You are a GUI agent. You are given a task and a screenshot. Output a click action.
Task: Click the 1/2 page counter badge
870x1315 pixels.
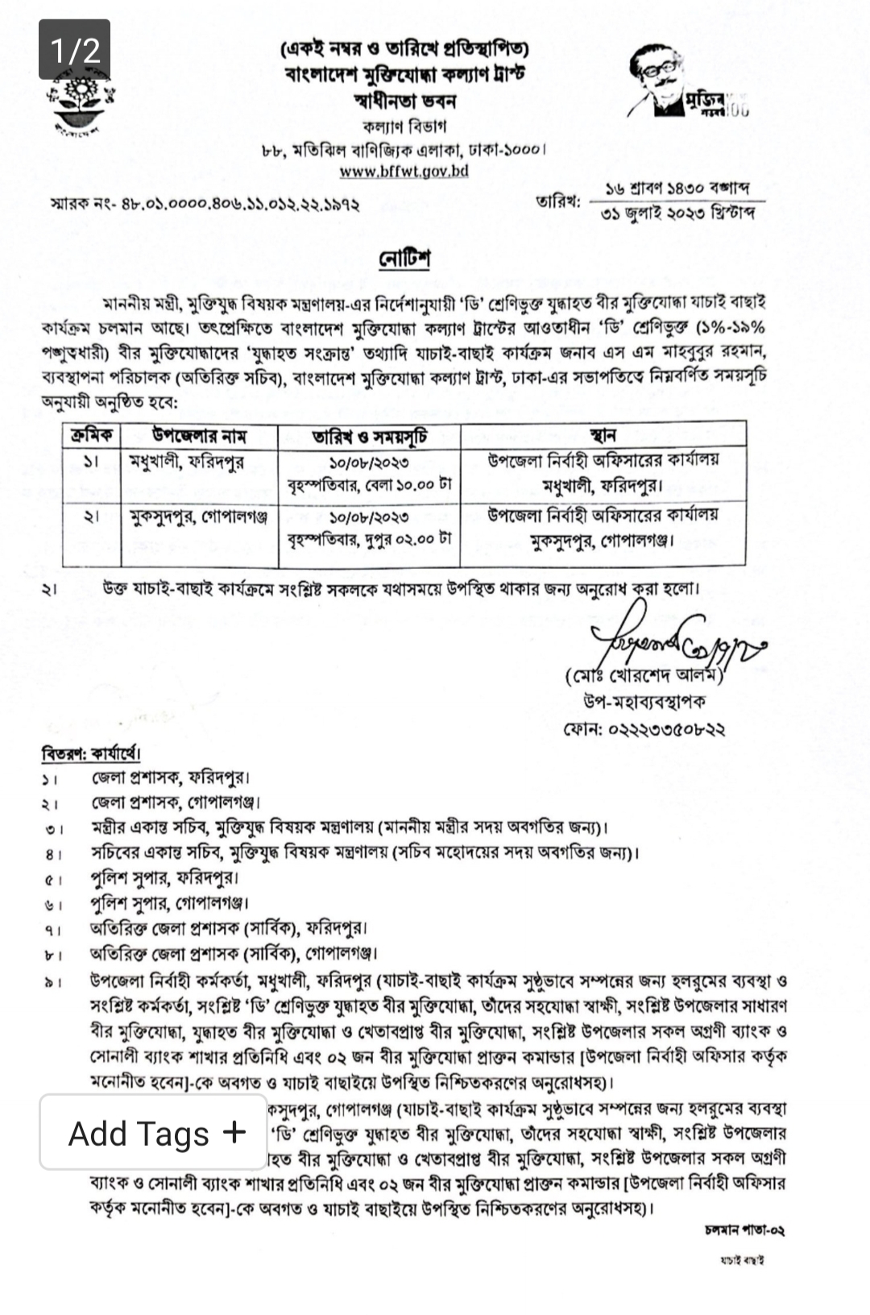click(x=74, y=49)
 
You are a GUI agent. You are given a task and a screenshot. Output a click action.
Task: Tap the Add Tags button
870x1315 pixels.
click(x=154, y=1132)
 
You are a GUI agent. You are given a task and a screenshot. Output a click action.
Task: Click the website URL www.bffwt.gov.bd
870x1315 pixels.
click(x=404, y=171)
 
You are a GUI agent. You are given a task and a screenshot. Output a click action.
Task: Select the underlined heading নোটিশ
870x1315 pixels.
click(x=404, y=259)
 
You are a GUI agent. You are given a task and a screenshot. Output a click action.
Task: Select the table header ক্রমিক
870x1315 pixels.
click(x=91, y=436)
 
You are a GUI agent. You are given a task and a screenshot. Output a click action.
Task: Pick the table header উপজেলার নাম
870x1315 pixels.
click(x=199, y=436)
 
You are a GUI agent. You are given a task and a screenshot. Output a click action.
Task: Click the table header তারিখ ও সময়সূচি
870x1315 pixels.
click(x=370, y=437)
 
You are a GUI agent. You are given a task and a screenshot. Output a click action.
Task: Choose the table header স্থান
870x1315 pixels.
click(x=603, y=436)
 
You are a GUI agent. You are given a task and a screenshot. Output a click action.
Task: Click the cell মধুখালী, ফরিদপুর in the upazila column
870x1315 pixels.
click(x=186, y=462)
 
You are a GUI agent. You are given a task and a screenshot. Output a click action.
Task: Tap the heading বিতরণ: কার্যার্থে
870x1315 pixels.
click(x=91, y=754)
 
